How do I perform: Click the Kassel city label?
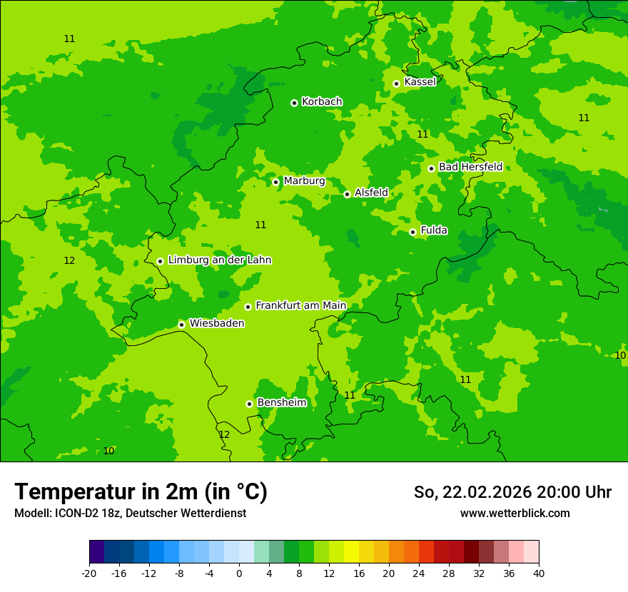coord(420,82)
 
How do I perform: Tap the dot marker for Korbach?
coord(294,103)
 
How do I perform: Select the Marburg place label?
coord(304,181)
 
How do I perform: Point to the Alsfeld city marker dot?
coord(347,194)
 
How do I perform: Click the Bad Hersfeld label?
coord(470,167)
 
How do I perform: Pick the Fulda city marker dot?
coord(412,232)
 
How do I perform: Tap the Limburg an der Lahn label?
coord(219,260)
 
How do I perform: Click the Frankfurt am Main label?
coord(300,305)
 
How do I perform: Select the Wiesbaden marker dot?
coord(181,325)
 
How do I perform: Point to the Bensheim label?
coord(281,402)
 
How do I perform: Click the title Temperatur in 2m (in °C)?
coord(141,492)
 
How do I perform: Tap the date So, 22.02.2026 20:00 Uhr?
coord(512,492)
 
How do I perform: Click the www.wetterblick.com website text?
coord(515,514)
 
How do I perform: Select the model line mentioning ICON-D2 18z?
coord(130,514)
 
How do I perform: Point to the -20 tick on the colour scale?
coord(89,573)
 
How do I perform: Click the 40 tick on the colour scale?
coord(539,573)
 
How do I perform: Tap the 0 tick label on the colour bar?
coord(239,573)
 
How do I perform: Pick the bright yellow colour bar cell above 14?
coord(351,552)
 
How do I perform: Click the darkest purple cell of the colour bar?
coord(96,552)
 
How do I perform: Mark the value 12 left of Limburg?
coord(69,260)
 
